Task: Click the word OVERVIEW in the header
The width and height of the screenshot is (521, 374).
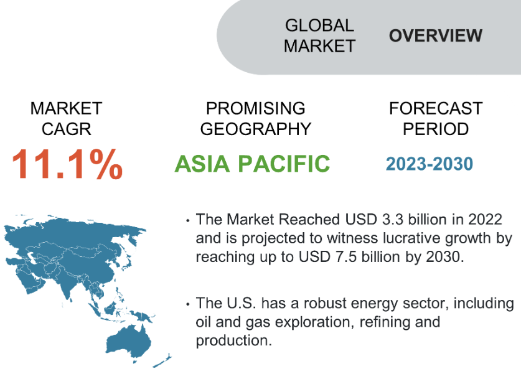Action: click(x=436, y=35)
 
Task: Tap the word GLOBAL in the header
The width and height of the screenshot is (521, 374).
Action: click(x=320, y=26)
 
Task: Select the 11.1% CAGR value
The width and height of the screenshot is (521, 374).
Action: click(x=67, y=164)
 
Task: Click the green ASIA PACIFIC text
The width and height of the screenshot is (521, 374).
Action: click(x=252, y=164)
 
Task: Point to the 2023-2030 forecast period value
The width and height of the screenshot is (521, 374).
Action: click(x=429, y=164)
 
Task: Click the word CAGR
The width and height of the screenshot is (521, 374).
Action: click(x=66, y=129)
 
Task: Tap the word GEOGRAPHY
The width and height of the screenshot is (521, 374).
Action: click(x=255, y=129)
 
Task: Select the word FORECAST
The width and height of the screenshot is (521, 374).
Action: click(x=436, y=108)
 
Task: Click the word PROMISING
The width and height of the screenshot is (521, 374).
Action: click(x=255, y=108)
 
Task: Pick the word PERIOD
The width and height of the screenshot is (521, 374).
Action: click(x=436, y=129)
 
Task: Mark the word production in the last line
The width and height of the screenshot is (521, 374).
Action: click(x=233, y=341)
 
